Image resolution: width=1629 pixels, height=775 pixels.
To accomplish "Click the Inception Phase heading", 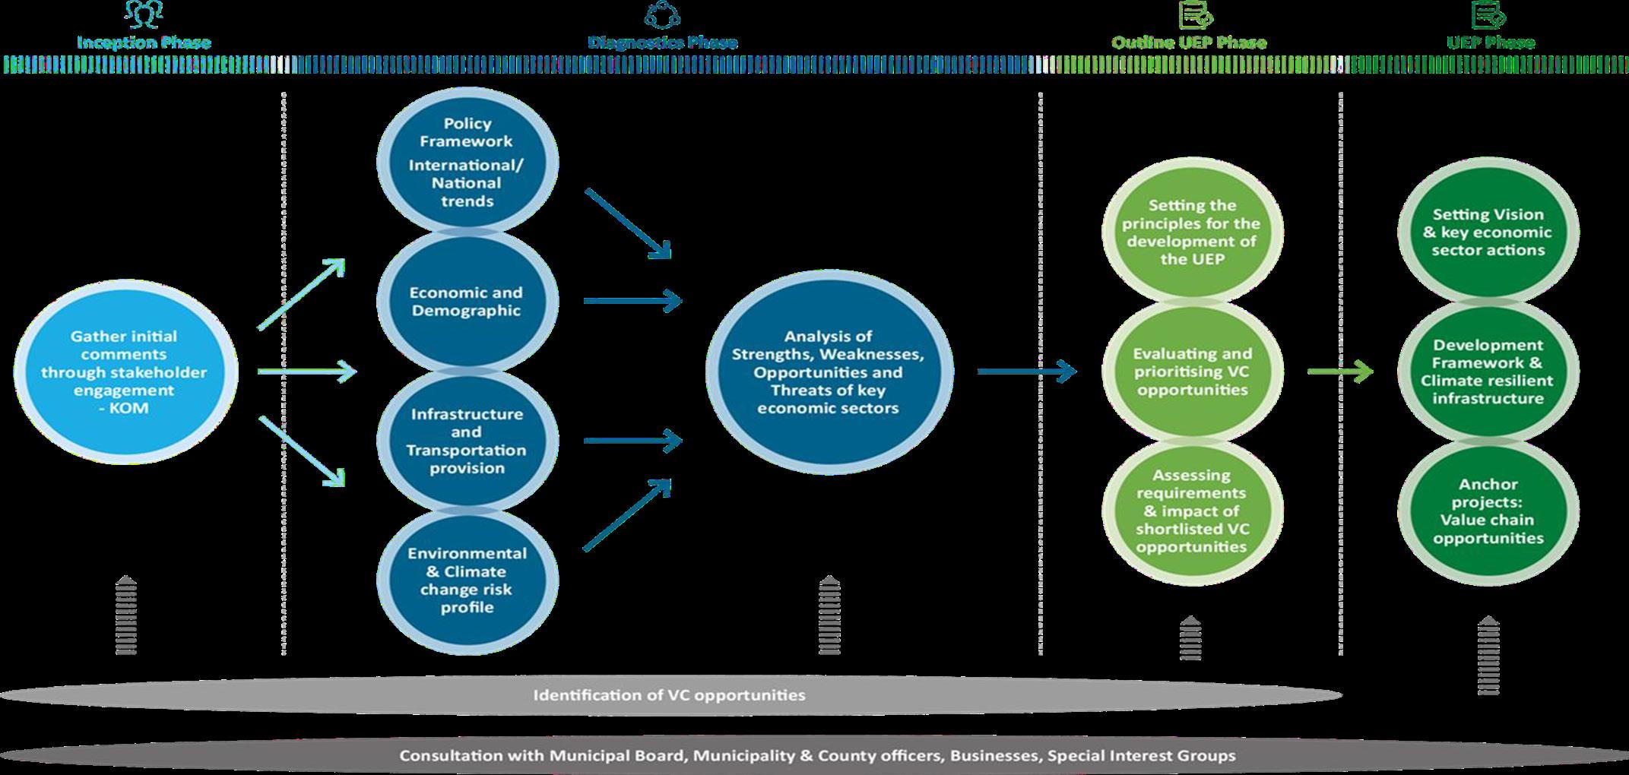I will click(x=144, y=43).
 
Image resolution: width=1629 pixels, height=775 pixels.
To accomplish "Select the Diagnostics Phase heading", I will click(x=662, y=43).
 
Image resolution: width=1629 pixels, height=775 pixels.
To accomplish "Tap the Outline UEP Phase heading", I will click(x=1189, y=43).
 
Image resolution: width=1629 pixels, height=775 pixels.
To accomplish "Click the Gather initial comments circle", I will click(x=126, y=372).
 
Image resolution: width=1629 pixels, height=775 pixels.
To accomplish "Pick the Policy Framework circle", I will click(x=467, y=163).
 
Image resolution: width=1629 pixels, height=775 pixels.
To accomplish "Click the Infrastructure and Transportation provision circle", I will click(x=467, y=441).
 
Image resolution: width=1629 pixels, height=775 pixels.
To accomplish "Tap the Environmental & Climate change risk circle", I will click(x=467, y=580).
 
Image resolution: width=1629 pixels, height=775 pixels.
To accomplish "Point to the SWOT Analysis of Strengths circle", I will click(x=828, y=372).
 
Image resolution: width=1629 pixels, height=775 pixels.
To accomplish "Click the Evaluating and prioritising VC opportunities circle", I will click(x=1192, y=372).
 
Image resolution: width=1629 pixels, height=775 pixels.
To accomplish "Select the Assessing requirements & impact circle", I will click(x=1192, y=511).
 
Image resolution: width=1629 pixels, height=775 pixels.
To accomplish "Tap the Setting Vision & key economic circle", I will click(x=1488, y=232).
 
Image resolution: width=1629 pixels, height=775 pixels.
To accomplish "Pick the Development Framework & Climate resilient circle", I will click(x=1488, y=372).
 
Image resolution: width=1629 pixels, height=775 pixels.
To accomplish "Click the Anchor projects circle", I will click(x=1488, y=511).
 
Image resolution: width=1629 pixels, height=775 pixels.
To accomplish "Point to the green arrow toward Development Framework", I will click(x=1340, y=372).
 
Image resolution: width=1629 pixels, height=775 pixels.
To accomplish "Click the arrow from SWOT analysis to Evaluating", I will click(x=1026, y=372).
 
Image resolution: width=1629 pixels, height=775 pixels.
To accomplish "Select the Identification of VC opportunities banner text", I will click(x=669, y=695).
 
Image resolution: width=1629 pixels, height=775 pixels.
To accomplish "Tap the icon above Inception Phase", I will click(x=144, y=14).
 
